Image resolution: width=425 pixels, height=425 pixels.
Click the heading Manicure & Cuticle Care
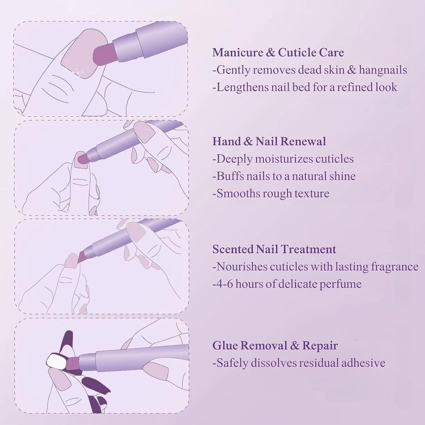(278, 53)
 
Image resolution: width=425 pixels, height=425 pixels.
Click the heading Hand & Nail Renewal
(269, 141)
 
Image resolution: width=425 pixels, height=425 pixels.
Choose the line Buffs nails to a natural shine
(284, 176)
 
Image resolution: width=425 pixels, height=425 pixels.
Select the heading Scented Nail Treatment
(274, 249)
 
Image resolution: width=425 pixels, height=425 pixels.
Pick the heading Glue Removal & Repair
(275, 346)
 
